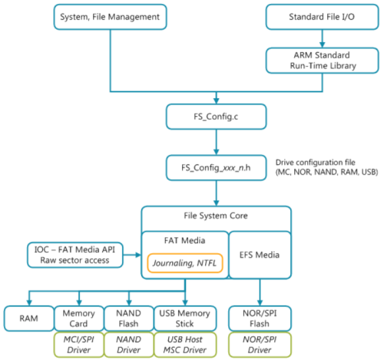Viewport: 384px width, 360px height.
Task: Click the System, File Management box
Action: (110, 17)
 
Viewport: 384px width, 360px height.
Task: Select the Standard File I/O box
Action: (322, 17)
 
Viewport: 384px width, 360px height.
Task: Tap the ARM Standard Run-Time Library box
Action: (322, 61)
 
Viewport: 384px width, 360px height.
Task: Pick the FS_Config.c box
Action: (217, 117)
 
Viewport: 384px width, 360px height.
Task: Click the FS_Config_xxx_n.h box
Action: (217, 168)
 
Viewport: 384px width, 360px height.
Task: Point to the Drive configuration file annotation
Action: (326, 167)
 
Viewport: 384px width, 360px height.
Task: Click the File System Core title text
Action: (216, 216)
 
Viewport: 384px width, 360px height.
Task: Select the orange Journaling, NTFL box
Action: (185, 263)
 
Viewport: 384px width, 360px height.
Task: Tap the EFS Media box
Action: (260, 255)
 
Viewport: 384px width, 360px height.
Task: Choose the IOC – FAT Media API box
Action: (75, 255)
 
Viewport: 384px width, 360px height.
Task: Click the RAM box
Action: (29, 319)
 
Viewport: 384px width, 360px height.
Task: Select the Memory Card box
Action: (79, 319)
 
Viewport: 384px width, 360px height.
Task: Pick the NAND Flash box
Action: (129, 319)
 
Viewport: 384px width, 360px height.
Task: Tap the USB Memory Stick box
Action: (185, 319)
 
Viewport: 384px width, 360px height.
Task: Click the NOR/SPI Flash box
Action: (260, 319)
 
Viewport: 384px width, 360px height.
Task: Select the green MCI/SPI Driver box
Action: (79, 345)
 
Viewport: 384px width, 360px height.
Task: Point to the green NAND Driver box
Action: (129, 345)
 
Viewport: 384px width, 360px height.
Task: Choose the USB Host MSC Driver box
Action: (185, 345)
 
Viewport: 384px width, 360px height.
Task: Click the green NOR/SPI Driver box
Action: (260, 345)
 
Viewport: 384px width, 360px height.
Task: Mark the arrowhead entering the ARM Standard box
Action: (323, 45)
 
